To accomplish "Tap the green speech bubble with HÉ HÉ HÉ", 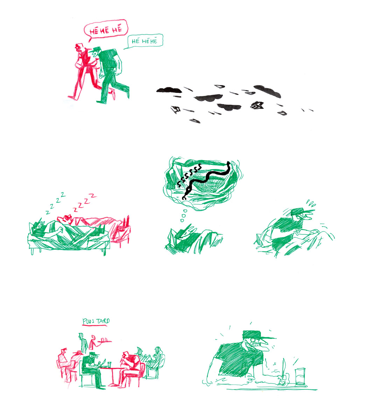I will point(144,41).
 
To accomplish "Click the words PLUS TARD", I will point(96,321).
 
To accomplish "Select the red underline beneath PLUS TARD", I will point(96,326).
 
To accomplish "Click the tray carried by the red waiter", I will point(104,341).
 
